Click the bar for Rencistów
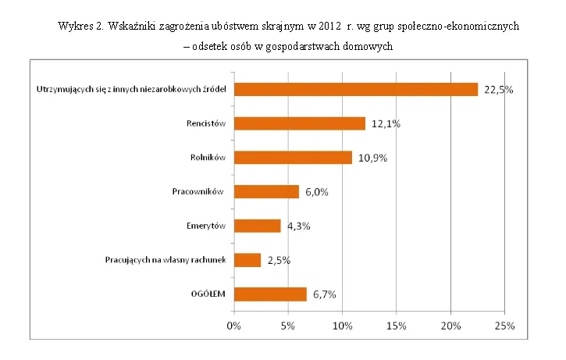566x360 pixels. pyautogui.click(x=300, y=123)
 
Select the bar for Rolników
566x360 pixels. pyautogui.click(x=293, y=157)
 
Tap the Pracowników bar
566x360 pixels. pyautogui.click(x=266, y=191)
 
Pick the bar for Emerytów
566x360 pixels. pyautogui.click(x=257, y=226)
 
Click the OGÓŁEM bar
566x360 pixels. pyautogui.click(x=270, y=294)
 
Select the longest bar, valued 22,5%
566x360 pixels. pyautogui.click(x=356, y=89)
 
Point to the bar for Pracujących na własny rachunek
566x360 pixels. pyautogui.click(x=247, y=260)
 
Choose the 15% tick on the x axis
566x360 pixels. pyautogui.click(x=397, y=324)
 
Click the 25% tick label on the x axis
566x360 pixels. pyautogui.click(x=505, y=324)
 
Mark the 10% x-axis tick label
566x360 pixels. pyautogui.click(x=343, y=324)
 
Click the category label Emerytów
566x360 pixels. pyautogui.click(x=207, y=226)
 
